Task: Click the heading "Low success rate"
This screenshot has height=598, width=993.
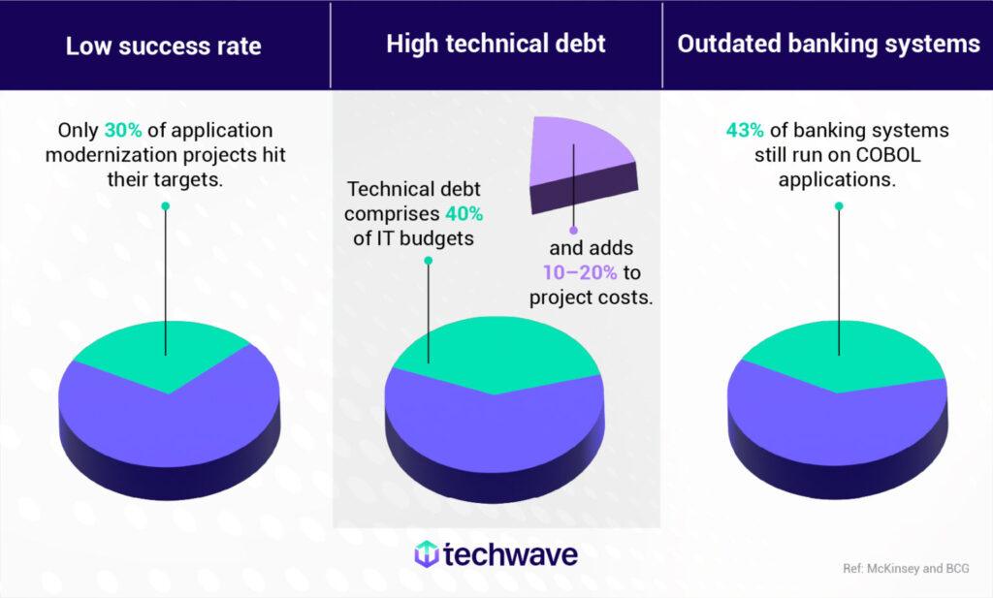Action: (x=163, y=46)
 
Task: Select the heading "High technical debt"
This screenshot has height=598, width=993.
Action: (x=496, y=44)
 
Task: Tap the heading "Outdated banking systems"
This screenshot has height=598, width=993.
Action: (x=828, y=45)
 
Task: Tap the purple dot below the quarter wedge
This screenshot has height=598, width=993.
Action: (x=573, y=231)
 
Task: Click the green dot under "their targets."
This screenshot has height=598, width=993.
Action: (x=165, y=205)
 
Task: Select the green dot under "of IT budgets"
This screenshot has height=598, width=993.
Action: (x=428, y=260)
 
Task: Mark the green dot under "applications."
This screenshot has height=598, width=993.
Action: (x=839, y=205)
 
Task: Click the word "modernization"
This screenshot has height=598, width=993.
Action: (x=110, y=155)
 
